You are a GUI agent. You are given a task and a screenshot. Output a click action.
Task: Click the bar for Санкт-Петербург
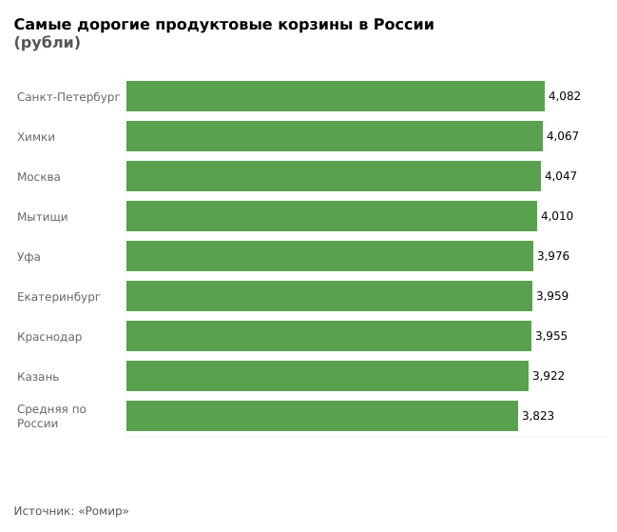[x=335, y=96]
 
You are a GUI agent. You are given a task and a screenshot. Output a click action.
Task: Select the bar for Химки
[x=334, y=136]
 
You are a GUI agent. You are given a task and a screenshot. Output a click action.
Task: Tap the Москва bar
[x=333, y=176]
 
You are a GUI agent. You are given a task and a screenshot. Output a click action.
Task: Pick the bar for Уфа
[x=329, y=256]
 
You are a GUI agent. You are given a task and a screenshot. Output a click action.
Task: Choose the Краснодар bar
[x=328, y=336]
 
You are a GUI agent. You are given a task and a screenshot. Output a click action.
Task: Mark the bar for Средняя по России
[x=321, y=416]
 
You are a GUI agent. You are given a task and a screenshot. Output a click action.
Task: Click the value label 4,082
[x=565, y=96]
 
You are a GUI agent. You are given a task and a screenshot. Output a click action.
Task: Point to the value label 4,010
[x=557, y=216]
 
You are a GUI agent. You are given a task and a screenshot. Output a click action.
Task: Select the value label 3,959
[x=552, y=296]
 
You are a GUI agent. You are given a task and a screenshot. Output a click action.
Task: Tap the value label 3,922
[x=549, y=376]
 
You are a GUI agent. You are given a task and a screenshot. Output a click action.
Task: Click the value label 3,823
[x=538, y=416]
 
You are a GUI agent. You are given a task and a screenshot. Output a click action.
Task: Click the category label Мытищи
[x=43, y=217]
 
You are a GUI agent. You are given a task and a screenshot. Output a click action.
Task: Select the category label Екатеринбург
[x=59, y=297]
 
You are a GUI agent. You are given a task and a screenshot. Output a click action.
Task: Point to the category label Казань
[x=38, y=377]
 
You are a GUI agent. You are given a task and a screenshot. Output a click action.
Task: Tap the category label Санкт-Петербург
[x=68, y=97]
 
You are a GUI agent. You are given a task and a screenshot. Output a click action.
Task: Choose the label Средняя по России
[x=51, y=416]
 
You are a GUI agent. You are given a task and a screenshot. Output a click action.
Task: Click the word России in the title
[x=401, y=25]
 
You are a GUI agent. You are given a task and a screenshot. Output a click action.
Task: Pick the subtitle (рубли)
[x=47, y=43]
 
